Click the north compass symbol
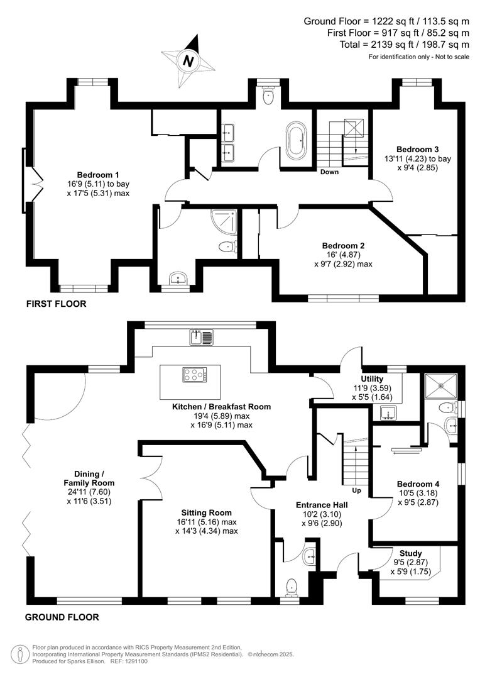[x=187, y=61]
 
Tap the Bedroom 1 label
[x=98, y=174]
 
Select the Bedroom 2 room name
[x=343, y=245]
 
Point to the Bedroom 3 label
[x=417, y=149]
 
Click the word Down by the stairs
[x=330, y=172]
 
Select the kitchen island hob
[x=194, y=375]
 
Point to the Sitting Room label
[x=207, y=512]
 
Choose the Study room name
[x=411, y=553]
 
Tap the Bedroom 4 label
[x=418, y=484]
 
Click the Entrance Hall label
[x=322, y=504]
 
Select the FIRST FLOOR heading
[x=56, y=304]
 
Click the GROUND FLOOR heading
[x=62, y=617]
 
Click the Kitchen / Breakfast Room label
[x=221, y=407]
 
